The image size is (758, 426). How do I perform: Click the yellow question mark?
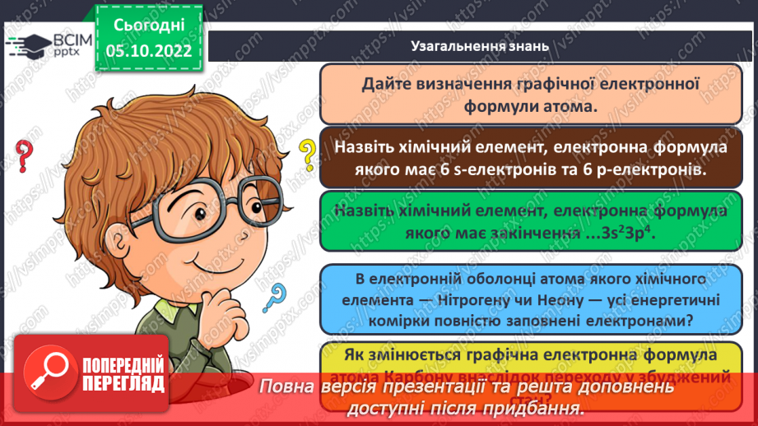point(307,154)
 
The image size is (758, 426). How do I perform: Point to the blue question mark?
point(276,297)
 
